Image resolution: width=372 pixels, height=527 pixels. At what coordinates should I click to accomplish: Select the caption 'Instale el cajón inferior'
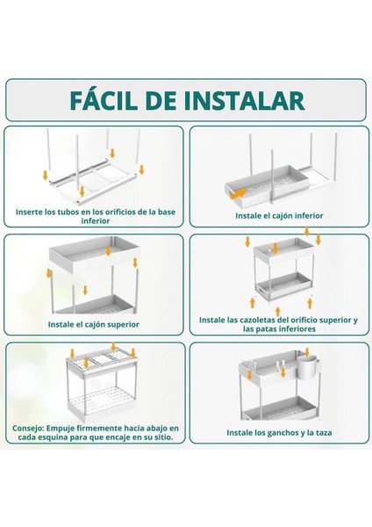click(279, 216)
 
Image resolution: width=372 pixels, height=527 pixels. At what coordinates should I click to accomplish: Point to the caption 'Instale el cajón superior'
click(94, 325)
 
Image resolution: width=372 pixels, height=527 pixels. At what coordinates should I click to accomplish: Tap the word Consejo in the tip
click(27, 429)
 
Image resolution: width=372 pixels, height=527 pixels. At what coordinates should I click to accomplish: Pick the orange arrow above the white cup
click(307, 352)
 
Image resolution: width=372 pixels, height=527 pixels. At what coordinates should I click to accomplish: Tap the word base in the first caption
click(167, 212)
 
